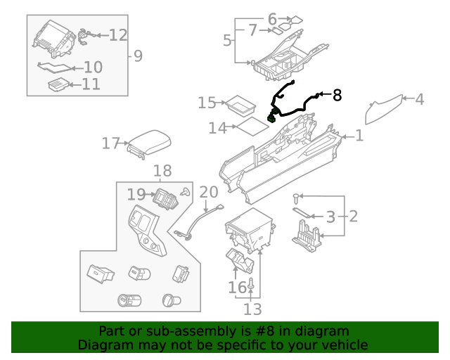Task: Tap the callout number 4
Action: (x=419, y=99)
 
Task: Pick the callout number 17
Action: (x=110, y=143)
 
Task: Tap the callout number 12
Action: (x=118, y=34)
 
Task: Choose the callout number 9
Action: (x=137, y=55)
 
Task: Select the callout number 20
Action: (x=209, y=192)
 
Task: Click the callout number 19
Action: (x=136, y=194)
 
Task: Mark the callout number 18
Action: (x=162, y=171)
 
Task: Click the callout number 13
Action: (x=252, y=309)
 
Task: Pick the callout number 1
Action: (x=359, y=135)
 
